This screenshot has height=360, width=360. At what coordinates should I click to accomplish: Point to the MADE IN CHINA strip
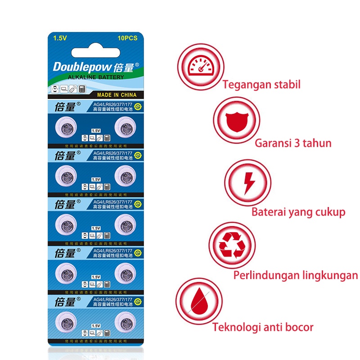[x=117, y=95]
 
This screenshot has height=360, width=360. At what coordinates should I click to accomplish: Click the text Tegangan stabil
[x=261, y=85]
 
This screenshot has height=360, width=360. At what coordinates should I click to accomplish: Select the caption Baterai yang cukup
[x=298, y=212]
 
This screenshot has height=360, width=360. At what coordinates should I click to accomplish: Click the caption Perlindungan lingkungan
[x=295, y=275]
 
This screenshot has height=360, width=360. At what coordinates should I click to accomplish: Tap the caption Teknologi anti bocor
[x=263, y=327]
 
